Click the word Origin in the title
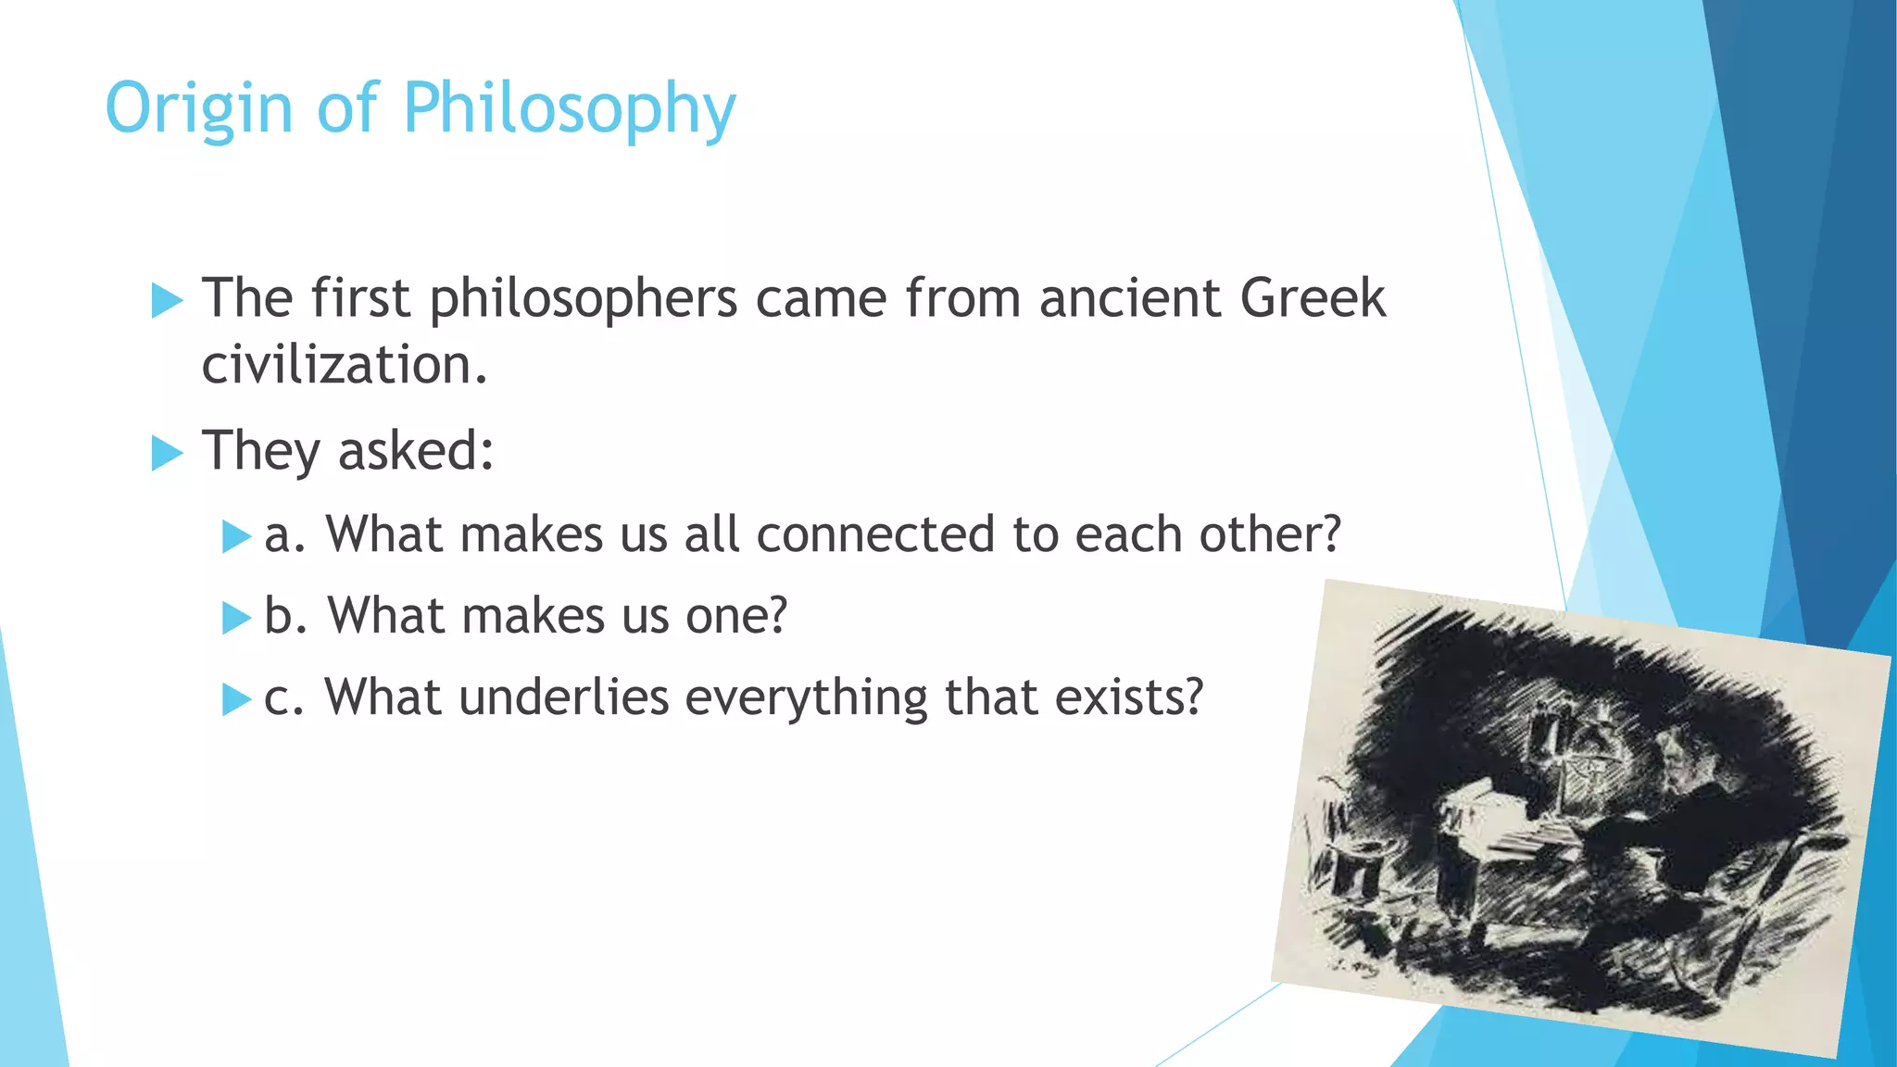click(x=199, y=109)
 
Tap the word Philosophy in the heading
click(x=569, y=109)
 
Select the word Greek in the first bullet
click(x=1312, y=298)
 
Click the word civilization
click(x=344, y=365)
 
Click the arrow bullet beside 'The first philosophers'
click(x=167, y=300)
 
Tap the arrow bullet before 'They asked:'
click(x=167, y=453)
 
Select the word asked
click(x=414, y=451)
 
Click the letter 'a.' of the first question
click(x=283, y=535)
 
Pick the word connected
click(x=874, y=535)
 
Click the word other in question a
click(x=1269, y=535)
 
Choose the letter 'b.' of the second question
click(x=284, y=616)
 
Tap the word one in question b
click(x=735, y=616)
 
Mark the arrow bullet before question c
click(x=236, y=699)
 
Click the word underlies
click(x=563, y=697)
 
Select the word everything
click(x=806, y=697)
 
